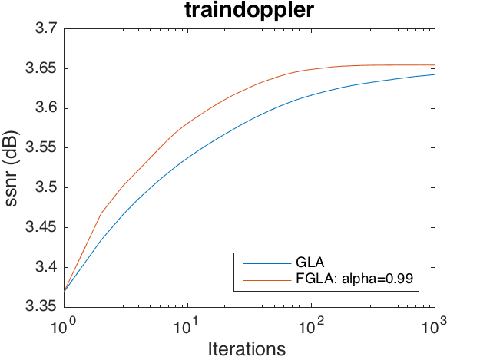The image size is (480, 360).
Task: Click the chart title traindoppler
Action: click(248, 12)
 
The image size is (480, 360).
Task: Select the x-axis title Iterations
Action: click(248, 348)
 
